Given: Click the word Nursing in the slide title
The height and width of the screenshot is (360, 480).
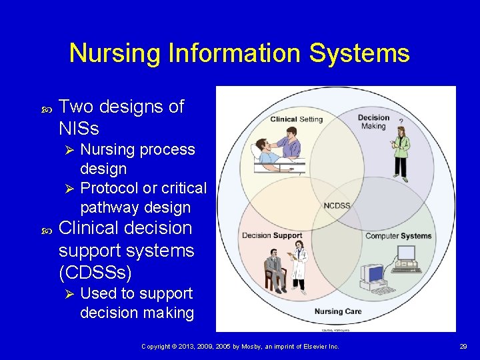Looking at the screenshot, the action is (111, 53).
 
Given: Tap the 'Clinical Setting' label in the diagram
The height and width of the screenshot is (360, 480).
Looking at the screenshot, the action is (296, 119).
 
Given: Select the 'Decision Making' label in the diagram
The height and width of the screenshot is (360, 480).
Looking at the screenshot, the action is (373, 122).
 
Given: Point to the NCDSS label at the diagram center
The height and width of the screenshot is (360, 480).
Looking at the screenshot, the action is (337, 205).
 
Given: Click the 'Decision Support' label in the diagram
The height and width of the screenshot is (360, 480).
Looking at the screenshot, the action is (272, 235).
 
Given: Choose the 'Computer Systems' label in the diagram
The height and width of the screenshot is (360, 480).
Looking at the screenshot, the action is (398, 236).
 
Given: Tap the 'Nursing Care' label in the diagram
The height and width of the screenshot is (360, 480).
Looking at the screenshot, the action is (338, 311).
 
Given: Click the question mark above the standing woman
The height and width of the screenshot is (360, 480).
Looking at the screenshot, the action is (401, 121).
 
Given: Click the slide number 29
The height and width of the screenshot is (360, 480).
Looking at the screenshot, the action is (463, 347).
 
